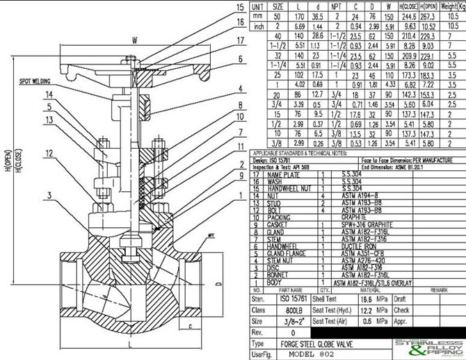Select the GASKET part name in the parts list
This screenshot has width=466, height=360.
point(279,225)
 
